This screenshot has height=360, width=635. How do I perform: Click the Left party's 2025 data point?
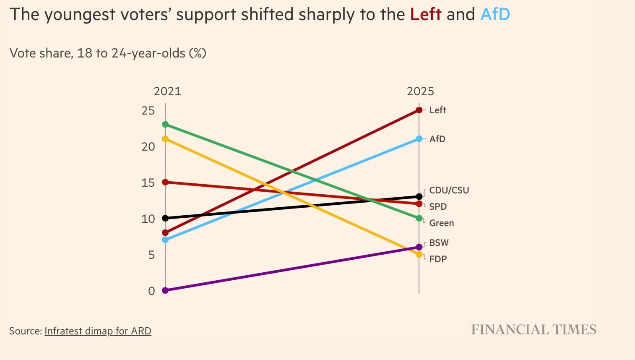(419, 110)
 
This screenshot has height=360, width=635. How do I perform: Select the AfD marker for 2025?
(419, 139)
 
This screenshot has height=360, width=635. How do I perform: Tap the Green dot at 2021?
(165, 125)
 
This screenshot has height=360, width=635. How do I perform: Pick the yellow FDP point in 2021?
(165, 139)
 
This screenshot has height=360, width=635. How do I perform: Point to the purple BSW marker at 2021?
(165, 290)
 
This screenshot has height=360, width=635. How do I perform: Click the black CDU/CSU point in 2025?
(419, 196)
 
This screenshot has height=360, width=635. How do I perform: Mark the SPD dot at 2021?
(165, 182)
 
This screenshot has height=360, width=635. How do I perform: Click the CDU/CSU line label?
(449, 190)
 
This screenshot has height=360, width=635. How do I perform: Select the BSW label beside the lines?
(439, 243)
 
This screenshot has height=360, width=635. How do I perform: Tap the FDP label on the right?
(438, 259)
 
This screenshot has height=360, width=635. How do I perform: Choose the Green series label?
(441, 223)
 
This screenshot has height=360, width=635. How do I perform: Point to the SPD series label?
(438, 206)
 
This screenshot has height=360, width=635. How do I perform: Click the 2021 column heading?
(167, 91)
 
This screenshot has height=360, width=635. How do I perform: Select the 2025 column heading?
(420, 91)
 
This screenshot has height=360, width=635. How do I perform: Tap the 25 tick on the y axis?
(148, 111)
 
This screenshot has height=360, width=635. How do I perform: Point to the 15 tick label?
(148, 183)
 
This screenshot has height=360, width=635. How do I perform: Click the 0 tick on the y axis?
(151, 291)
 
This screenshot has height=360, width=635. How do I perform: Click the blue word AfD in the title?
(495, 15)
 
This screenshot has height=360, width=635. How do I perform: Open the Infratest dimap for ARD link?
(98, 331)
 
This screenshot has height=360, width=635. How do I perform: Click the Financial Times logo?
(534, 330)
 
